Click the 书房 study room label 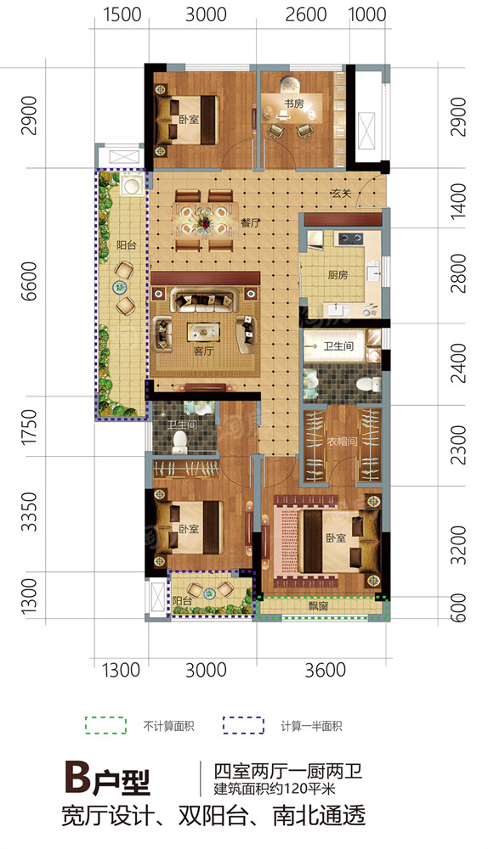pos(294,104)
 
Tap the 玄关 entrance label pos(342,193)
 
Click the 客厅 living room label pos(203,351)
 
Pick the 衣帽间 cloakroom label pos(342,441)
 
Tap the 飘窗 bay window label pos(318,606)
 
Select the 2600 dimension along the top pos(306,14)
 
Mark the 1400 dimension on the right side pos(458,201)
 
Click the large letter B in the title pos(77,778)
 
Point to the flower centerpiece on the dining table pos(206,222)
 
